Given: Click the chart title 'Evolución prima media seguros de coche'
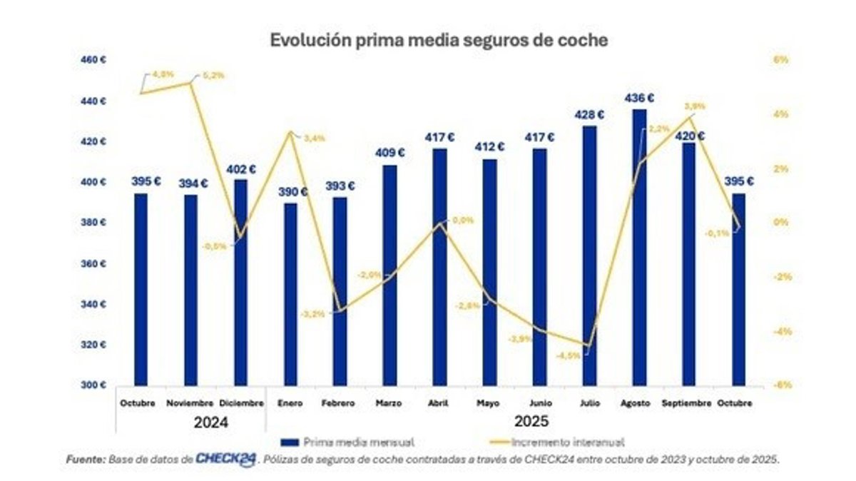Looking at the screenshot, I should (439, 41).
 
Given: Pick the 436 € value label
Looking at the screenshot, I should (640, 98).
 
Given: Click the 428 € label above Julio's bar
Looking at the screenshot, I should (590, 115).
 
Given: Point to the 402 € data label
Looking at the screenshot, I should (241, 169).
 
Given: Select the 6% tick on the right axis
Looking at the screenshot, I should (782, 61).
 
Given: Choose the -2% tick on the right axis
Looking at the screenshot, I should (782, 277).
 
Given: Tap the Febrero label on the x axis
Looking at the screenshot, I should (339, 403).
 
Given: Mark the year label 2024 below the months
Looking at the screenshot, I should (211, 422).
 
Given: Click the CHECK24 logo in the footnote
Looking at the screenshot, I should (226, 460).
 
